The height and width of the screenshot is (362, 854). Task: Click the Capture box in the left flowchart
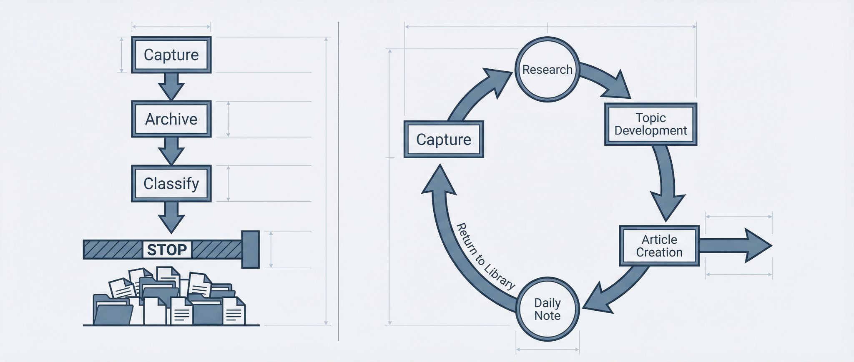click(171, 55)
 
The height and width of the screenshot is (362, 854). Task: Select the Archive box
click(171, 119)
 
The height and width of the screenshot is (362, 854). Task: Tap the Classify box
click(171, 183)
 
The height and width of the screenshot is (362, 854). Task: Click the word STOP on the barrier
click(167, 250)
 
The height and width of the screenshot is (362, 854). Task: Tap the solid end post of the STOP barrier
click(251, 250)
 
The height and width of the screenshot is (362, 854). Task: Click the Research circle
click(548, 69)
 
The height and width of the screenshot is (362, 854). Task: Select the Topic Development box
click(651, 124)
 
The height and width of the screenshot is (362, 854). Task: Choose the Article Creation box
click(659, 246)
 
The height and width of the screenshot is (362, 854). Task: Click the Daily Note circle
click(548, 310)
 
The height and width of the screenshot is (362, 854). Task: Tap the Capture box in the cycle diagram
click(444, 140)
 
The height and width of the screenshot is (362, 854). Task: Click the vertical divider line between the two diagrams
click(339, 181)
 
